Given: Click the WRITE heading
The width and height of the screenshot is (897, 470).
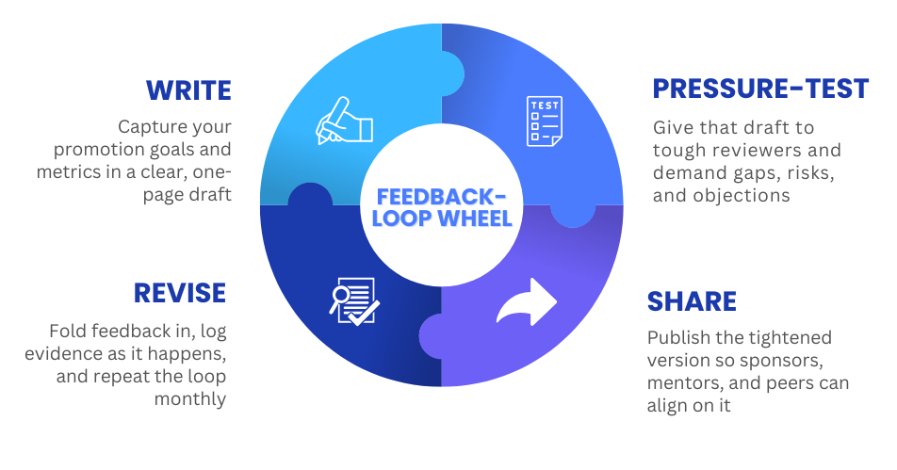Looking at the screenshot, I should [188, 90].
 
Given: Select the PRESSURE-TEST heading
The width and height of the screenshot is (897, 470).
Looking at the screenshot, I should [760, 89].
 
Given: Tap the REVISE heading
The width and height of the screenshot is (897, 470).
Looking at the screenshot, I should [180, 293].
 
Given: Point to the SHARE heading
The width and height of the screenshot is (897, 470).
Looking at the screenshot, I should [692, 301].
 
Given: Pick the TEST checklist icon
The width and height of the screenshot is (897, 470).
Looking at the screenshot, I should [545, 122].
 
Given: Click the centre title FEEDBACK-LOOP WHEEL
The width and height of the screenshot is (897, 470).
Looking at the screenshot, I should [441, 208].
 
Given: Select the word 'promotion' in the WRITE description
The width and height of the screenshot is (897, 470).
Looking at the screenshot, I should [96, 149].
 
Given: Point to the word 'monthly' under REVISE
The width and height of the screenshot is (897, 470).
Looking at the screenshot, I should [191, 398].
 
